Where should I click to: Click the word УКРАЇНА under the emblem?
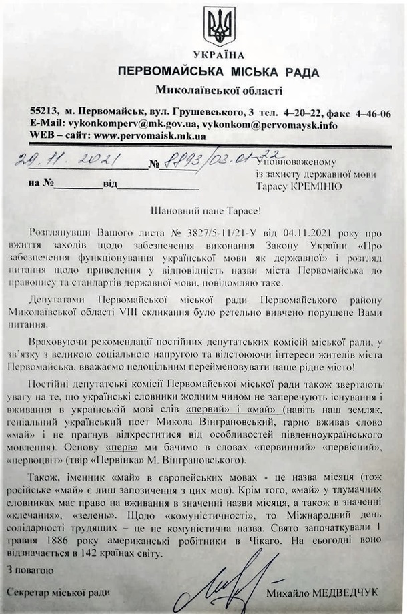coord(218,55)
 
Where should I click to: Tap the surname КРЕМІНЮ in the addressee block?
coord(318,186)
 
